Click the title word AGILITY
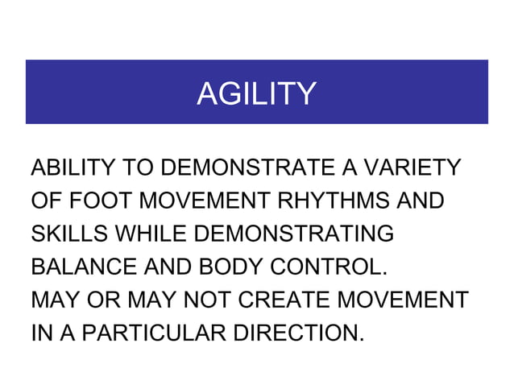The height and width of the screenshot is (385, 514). (256, 93)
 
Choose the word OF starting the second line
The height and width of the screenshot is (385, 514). (44, 201)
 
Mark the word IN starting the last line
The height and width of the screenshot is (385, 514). (38, 331)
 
